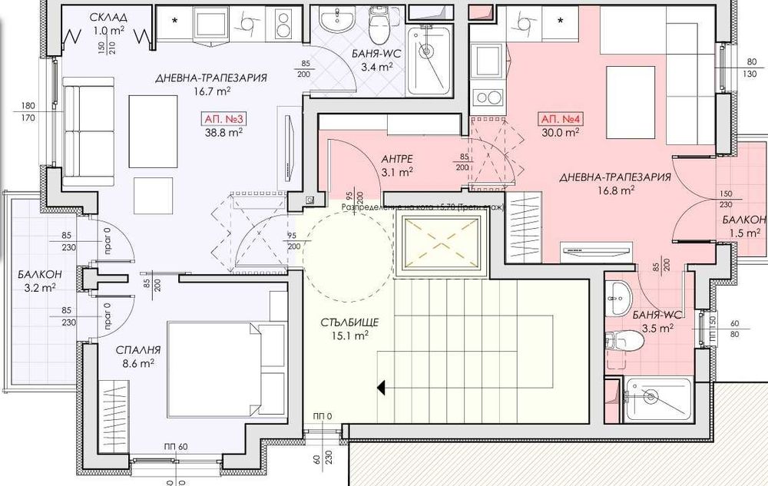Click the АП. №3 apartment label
coord(224,119)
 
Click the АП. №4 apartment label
coord(560,120)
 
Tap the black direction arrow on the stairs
coord(381,388)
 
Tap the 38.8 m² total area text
coord(223,132)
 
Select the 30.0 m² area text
coord(560,132)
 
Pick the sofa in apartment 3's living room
coord(81,134)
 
